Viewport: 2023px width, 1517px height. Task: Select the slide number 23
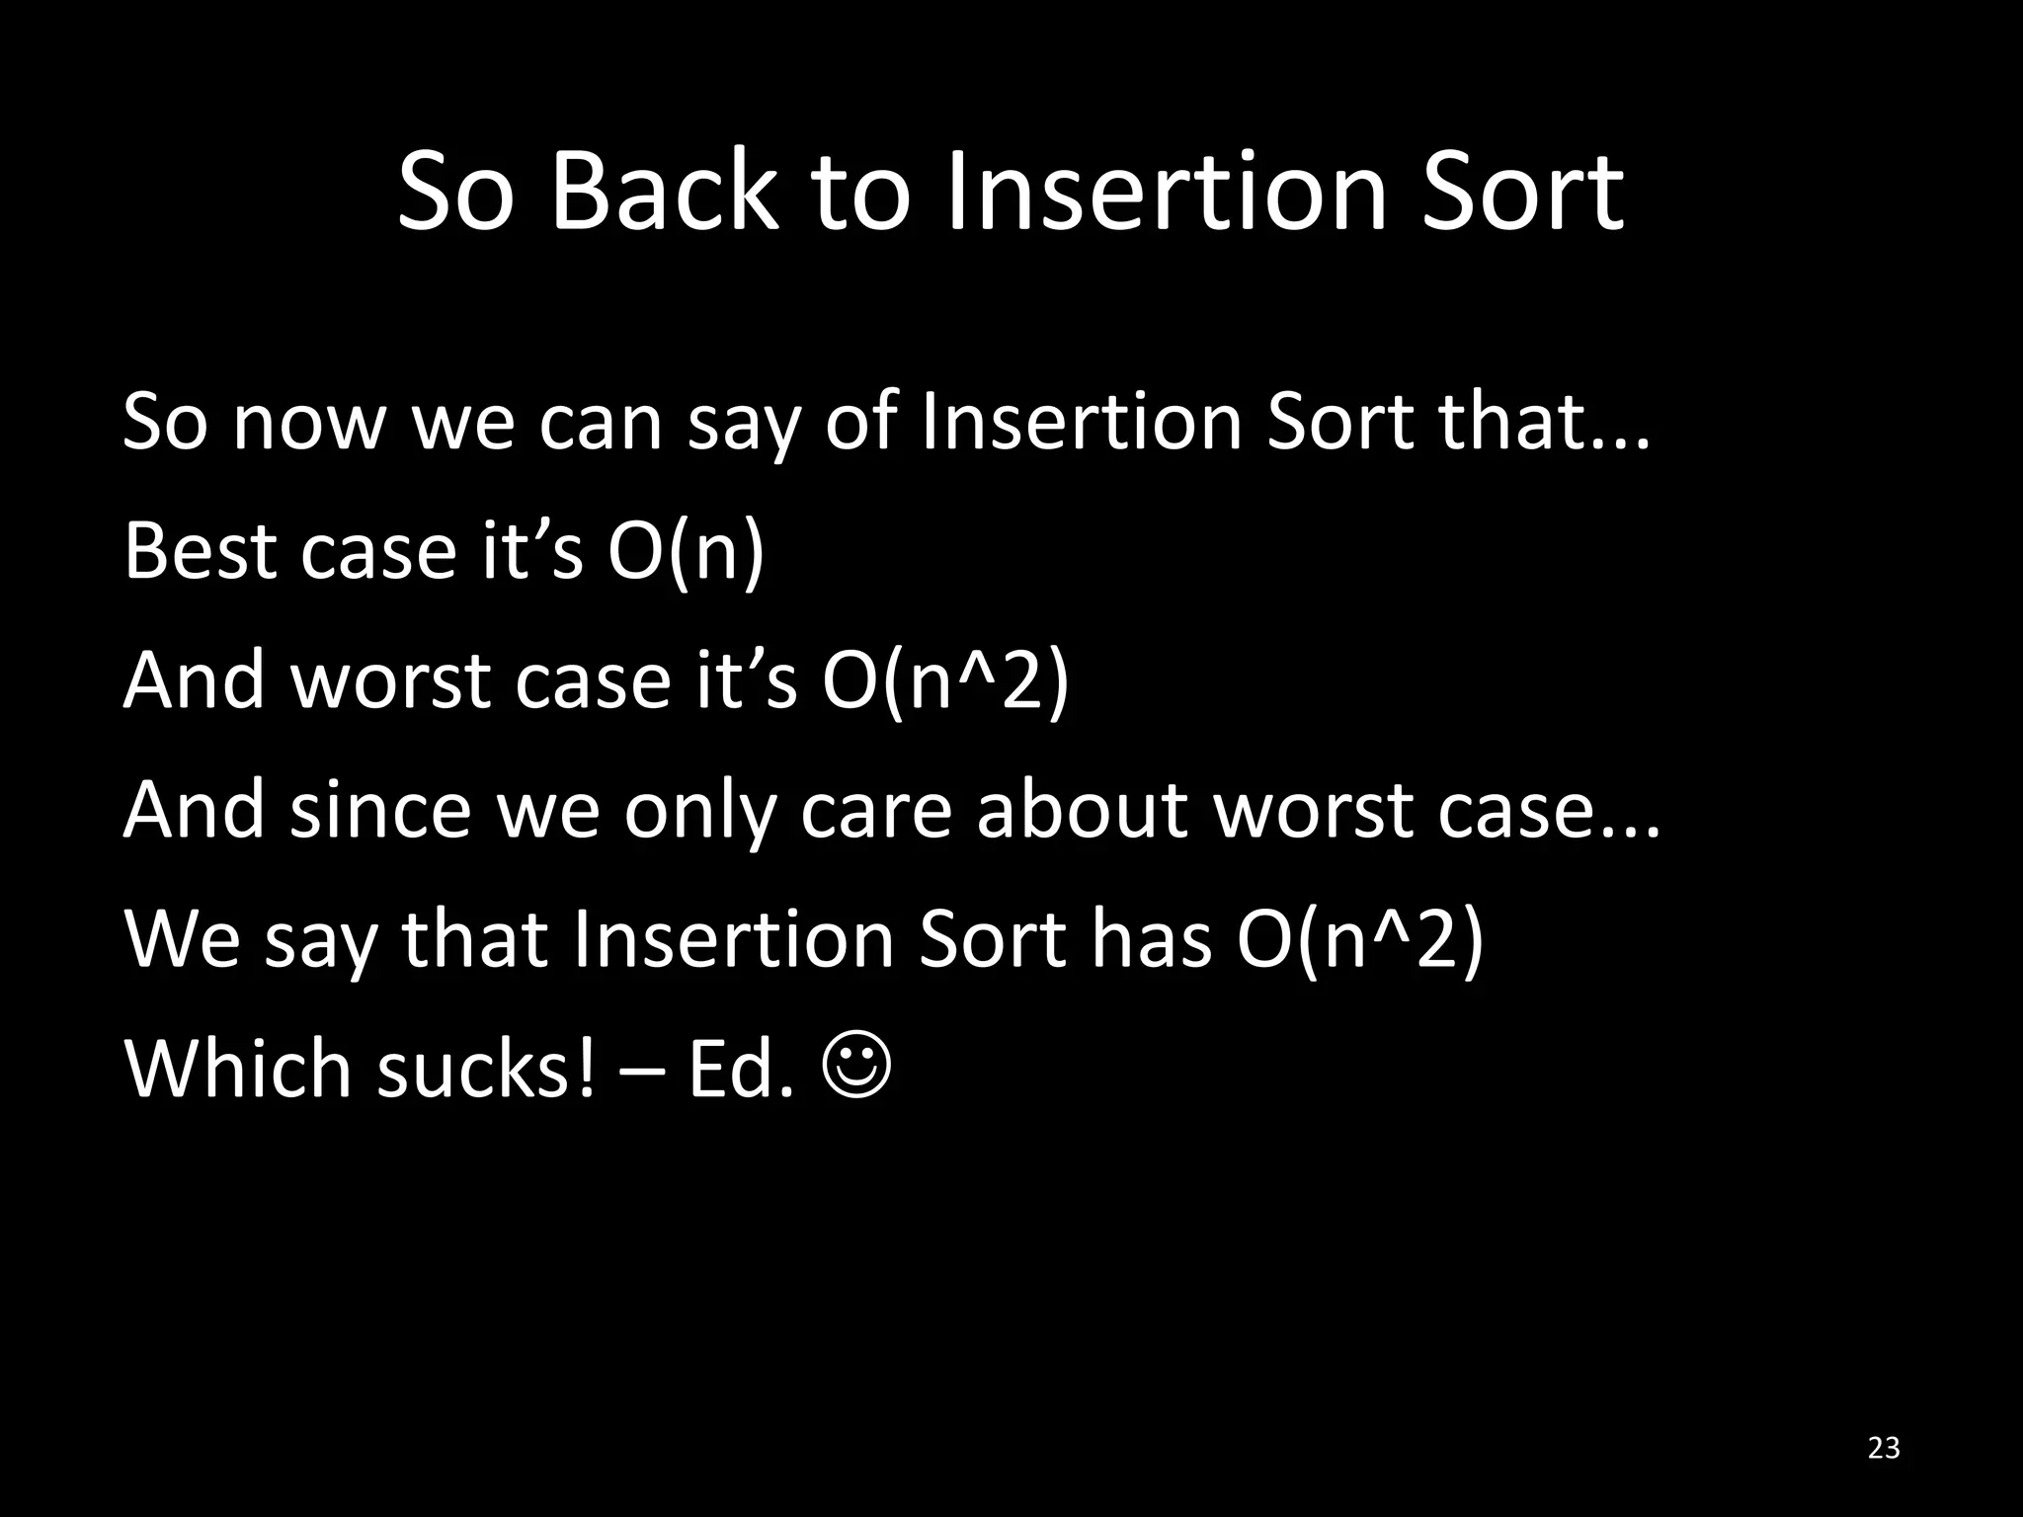(1885, 1448)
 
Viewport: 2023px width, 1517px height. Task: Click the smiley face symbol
(855, 1069)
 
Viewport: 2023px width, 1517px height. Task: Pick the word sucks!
(487, 1069)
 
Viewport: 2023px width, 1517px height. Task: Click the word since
(379, 810)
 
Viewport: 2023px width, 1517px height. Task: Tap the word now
(307, 423)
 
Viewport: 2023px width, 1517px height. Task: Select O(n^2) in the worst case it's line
(945, 681)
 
